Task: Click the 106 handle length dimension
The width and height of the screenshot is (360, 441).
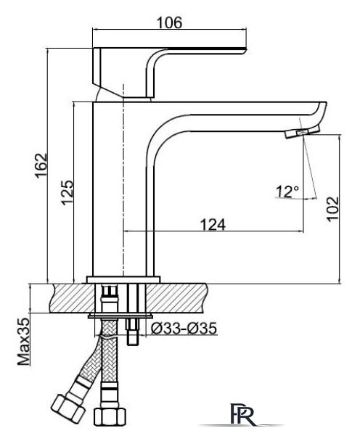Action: (x=169, y=22)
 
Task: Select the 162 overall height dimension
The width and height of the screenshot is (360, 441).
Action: (x=41, y=165)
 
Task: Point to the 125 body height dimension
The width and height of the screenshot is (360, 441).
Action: (x=67, y=193)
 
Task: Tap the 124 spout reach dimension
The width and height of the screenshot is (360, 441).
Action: (x=213, y=224)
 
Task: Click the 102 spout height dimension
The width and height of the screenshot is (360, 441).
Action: (x=332, y=209)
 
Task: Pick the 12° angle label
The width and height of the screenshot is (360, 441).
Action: (x=287, y=191)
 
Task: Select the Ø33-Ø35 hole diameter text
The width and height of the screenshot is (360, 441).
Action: (x=184, y=328)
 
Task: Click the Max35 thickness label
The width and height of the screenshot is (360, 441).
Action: (x=24, y=342)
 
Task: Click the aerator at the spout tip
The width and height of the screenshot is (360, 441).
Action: (x=303, y=131)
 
